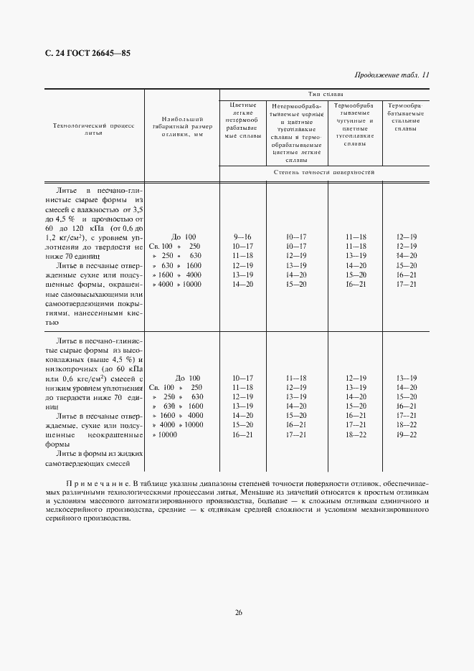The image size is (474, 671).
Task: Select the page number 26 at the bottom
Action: [238, 611]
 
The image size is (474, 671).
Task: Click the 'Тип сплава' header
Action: [325, 94]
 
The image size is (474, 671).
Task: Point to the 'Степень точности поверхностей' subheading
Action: [324, 173]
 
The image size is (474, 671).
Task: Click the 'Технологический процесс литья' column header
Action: [94, 129]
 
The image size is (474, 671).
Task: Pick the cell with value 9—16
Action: [242, 237]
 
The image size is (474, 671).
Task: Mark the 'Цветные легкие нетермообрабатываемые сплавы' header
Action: [242, 120]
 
